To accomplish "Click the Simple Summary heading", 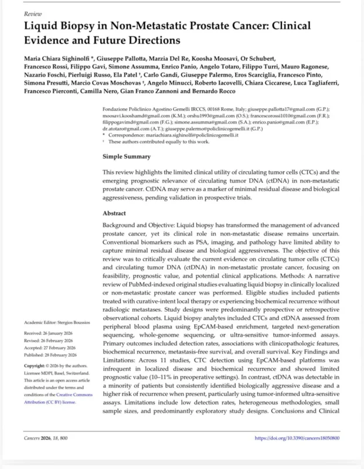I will tap(127, 157).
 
